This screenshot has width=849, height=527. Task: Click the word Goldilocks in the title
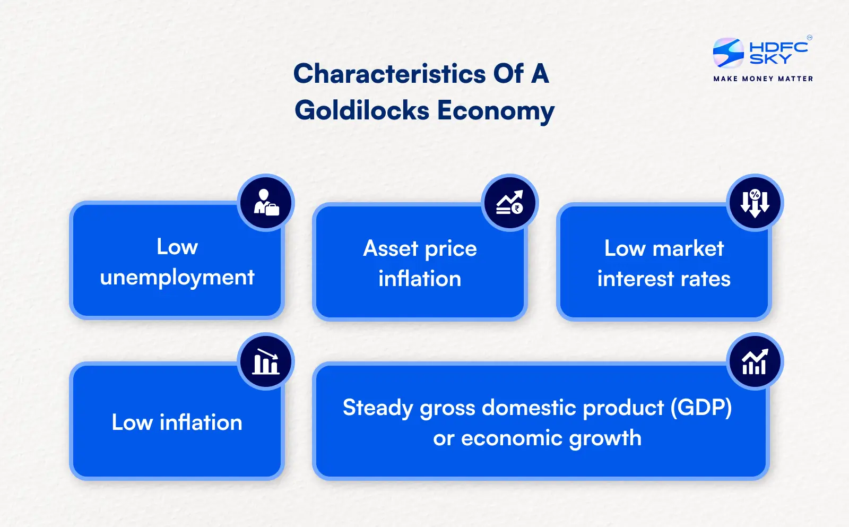pos(362,111)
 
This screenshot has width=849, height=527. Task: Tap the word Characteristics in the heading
pos(389,74)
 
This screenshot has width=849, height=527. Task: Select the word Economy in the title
pos(496,111)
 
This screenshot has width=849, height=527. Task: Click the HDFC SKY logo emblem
pos(728,53)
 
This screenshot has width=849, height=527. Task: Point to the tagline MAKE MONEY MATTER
pos(763,79)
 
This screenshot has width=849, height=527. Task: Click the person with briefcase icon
pos(266,203)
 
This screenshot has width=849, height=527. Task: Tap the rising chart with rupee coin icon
pos(510,203)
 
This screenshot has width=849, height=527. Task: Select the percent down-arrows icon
pos(755,203)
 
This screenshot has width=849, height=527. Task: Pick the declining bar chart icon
pos(266,361)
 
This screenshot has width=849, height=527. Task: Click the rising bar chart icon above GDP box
pos(755,361)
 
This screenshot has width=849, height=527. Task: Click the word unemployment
pos(177,278)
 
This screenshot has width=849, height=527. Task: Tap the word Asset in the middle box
pos(391,248)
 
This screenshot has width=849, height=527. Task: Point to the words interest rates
pos(664,279)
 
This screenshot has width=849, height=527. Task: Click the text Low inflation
pos(177,422)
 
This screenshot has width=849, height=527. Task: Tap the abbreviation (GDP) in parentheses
pos(701,408)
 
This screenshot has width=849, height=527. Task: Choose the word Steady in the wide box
pos(378,408)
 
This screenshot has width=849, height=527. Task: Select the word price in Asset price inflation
pos(451,249)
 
